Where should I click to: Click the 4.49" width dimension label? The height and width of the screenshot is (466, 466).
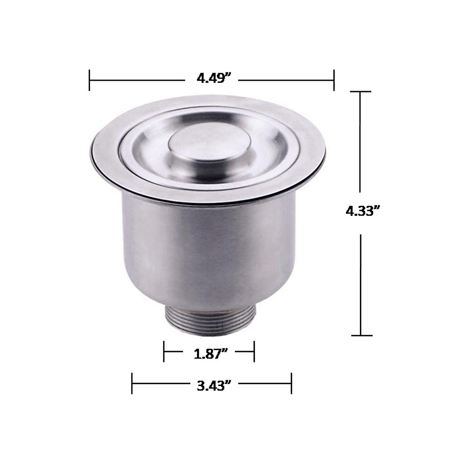tap(211, 78)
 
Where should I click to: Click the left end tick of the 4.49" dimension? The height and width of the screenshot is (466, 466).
tap(89, 80)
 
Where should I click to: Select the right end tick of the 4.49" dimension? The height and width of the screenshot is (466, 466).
tap(334, 80)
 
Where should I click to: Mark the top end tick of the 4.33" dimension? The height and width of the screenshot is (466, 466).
tap(360, 92)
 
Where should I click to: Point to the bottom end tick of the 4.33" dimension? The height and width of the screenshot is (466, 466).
tap(362, 336)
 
